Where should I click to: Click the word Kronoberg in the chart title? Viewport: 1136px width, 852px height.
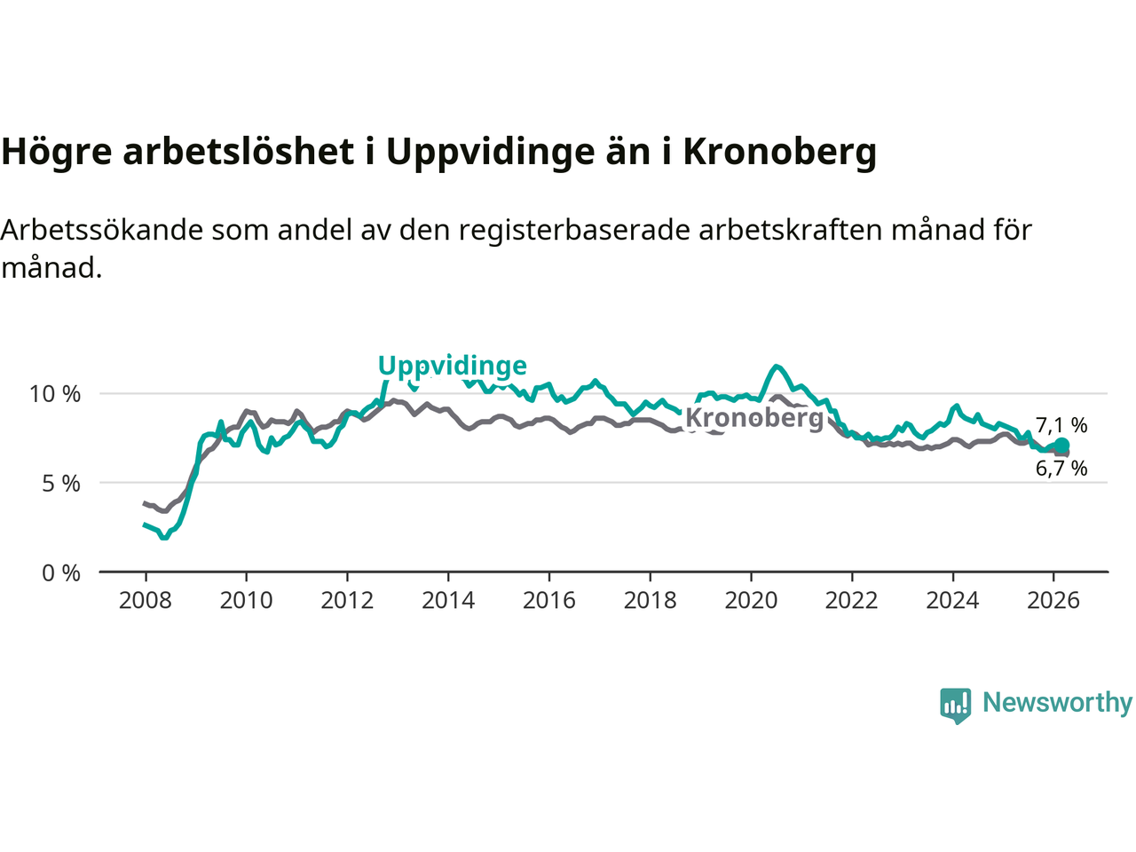tap(779, 152)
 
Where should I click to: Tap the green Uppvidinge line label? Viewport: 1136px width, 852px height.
tap(452, 366)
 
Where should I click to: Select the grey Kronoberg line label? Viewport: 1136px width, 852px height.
tap(754, 417)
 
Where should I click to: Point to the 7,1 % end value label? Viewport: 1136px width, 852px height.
tap(1061, 425)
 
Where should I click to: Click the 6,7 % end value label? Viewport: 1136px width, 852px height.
tap(1061, 468)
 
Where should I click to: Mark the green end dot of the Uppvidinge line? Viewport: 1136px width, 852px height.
tap(1062, 445)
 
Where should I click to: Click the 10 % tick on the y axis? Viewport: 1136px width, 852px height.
tap(55, 393)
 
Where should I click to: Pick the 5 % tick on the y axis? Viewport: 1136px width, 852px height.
tap(60, 484)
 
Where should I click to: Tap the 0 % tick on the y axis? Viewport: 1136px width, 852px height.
tap(60, 573)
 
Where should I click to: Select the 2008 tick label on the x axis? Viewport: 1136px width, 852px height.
tap(145, 601)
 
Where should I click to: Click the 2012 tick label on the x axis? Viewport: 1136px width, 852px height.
tap(347, 601)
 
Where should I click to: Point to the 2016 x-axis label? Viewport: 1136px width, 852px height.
tap(548, 601)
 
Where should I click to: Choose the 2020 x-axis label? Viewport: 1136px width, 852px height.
tap(751, 601)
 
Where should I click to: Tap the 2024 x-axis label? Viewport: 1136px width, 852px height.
tap(952, 601)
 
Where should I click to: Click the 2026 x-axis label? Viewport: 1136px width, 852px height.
tap(1053, 601)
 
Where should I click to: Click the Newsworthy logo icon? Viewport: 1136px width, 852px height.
tap(956, 705)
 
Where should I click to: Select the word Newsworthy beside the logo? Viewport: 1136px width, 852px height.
tap(1057, 702)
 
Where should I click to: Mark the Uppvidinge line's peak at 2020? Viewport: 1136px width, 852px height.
tap(777, 366)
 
